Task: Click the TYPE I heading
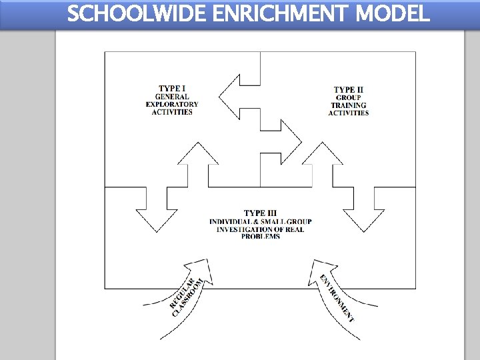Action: click(172, 88)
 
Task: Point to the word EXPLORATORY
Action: click(172, 104)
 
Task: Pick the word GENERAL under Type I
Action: click(172, 96)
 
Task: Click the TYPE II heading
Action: click(349, 89)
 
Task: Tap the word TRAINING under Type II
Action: click(349, 105)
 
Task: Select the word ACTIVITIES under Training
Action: click(349, 113)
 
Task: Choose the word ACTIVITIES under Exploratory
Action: click(172, 112)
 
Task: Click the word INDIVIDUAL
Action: click(234, 221)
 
